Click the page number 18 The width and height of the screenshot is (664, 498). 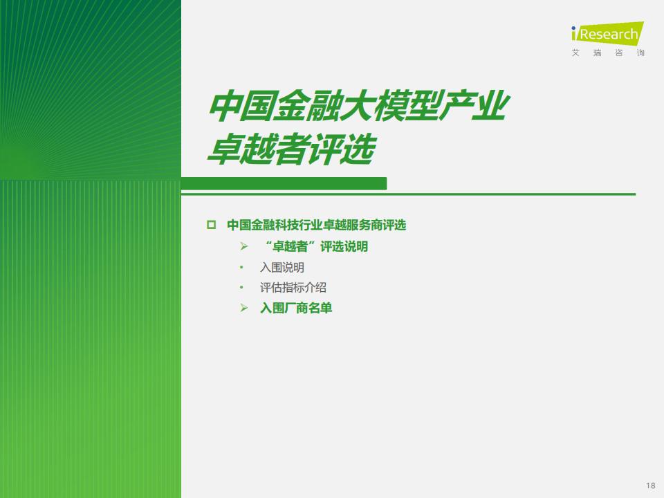pos(650,486)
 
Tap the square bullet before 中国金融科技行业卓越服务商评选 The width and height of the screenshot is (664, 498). pos(211,224)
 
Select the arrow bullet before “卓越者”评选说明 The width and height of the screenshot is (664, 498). pos(244,246)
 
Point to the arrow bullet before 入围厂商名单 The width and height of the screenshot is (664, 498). pos(244,308)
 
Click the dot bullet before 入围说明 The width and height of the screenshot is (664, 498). pos(241,267)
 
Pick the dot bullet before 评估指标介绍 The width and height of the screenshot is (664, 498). pos(241,288)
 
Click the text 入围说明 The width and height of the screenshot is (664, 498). pos(282,267)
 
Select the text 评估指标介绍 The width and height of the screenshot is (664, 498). pos(293,288)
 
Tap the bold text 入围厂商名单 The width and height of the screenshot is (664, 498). pos(296,308)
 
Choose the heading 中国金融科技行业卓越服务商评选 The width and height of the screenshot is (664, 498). pos(316,224)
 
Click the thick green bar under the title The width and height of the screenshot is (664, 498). pos(284,183)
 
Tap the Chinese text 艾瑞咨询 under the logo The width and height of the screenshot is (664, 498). pos(608,53)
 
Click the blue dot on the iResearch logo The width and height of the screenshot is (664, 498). pos(574,28)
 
